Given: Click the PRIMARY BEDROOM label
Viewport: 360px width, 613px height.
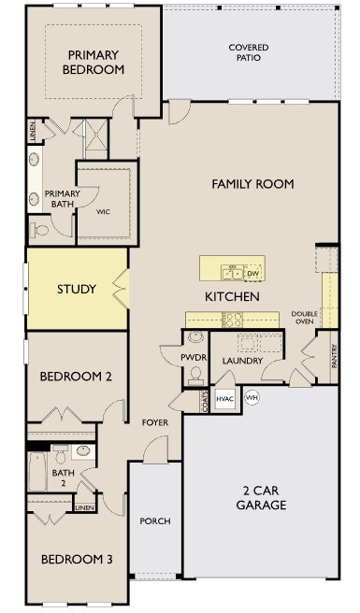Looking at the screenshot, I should tap(94, 62).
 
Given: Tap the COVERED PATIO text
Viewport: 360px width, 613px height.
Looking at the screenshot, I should tap(248, 52).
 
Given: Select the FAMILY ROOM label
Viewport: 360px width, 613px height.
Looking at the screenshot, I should tap(252, 184).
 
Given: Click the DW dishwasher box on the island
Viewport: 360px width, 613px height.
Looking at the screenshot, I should tap(252, 273).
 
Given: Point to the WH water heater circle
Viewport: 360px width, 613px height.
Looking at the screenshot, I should tap(251, 397).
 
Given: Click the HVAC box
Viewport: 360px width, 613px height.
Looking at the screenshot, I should tap(225, 398).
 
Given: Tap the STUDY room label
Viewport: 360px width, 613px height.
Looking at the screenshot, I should tap(76, 289).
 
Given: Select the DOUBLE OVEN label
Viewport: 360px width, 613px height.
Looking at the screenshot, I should tap(305, 318).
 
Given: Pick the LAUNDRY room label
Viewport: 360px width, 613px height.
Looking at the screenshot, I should tap(243, 361).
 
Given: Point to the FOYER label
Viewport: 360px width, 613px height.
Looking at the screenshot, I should tap(155, 422).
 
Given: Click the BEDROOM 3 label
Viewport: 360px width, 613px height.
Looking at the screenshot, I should tap(76, 559).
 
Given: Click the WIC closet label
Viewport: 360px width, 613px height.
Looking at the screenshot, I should tap(104, 211).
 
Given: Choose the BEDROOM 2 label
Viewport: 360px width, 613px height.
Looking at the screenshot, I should tap(76, 377).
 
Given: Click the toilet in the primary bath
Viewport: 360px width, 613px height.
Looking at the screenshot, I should tap(41, 227).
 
